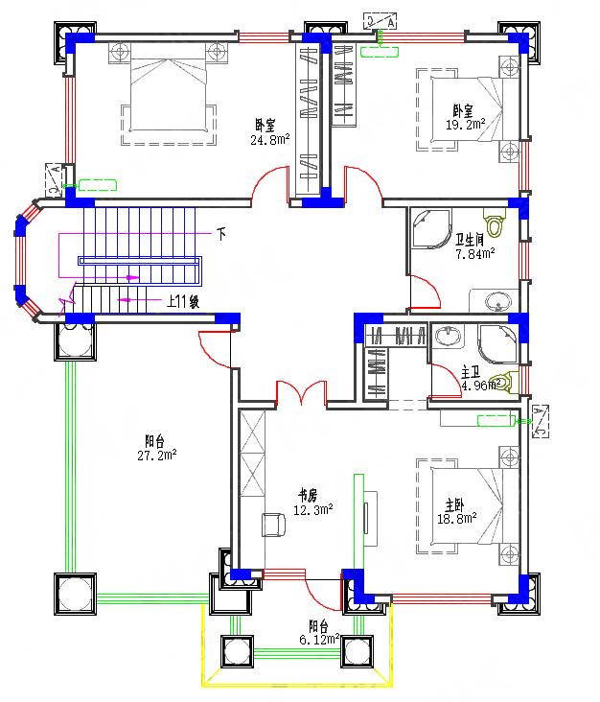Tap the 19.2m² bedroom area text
(x=464, y=124)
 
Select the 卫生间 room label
(x=473, y=241)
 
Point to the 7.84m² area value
(x=474, y=254)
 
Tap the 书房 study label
(x=307, y=496)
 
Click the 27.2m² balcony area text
(x=154, y=455)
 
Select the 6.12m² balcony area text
(x=319, y=639)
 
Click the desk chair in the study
(x=273, y=524)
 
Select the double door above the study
(x=303, y=394)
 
